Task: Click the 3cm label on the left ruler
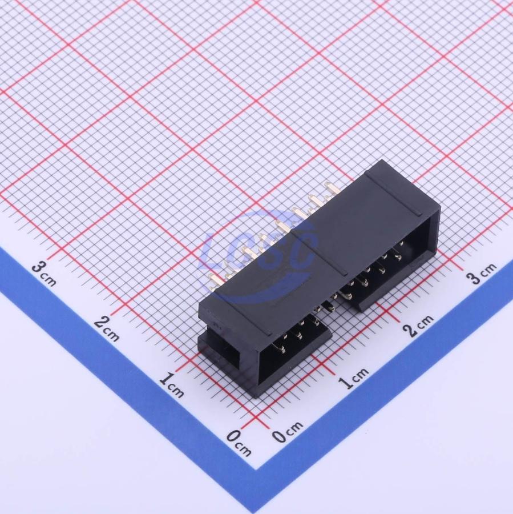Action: (45, 273)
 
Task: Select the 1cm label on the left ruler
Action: (171, 384)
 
